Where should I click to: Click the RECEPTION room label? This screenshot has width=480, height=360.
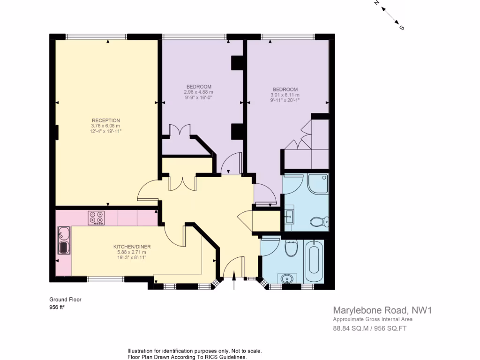click(x=105, y=120)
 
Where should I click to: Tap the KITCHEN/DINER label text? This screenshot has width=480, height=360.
click(x=132, y=247)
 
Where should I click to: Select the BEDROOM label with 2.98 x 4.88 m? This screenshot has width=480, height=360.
click(x=199, y=87)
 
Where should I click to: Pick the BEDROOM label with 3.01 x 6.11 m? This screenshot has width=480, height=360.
click(x=285, y=90)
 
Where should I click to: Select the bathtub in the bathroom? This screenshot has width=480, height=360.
click(x=314, y=260)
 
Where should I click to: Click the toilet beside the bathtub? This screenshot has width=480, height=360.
click(x=291, y=248)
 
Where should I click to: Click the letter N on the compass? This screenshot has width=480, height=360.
click(x=376, y=3)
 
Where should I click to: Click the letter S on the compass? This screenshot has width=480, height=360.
click(x=401, y=28)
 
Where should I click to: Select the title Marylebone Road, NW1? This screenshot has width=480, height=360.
click(x=382, y=310)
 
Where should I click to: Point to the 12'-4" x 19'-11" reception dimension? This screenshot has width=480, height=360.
click(x=105, y=131)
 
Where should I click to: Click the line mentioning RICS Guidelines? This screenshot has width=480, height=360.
click(x=187, y=357)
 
